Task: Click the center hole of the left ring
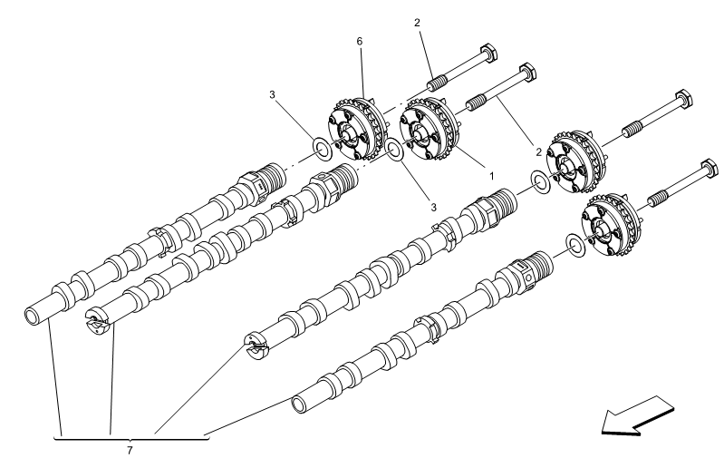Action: [394, 150]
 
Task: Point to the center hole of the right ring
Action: [575, 246]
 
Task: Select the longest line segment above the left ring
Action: [406, 101]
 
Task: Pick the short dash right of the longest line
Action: [462, 111]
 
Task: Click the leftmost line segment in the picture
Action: [304, 160]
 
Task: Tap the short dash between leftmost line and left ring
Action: [338, 141]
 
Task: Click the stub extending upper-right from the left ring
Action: [410, 140]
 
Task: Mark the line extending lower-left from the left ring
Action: [371, 162]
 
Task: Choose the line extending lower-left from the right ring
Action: [561, 254]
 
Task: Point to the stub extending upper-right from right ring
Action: [591, 237]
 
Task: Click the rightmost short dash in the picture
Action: [644, 207]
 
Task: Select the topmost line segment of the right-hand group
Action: [613, 140]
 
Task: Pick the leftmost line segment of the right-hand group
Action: [528, 189]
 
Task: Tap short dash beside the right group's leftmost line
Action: [556, 172]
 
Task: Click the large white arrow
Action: [638, 415]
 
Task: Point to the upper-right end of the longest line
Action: [430, 88]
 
